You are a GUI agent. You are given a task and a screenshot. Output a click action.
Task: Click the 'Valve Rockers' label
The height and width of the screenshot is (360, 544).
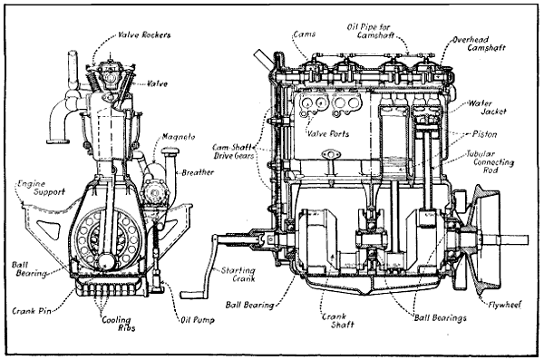point(145,35)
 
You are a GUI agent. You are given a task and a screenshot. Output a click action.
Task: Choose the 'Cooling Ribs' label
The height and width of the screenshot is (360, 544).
point(110,325)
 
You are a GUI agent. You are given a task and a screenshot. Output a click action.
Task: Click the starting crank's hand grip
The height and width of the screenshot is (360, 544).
point(194,294)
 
